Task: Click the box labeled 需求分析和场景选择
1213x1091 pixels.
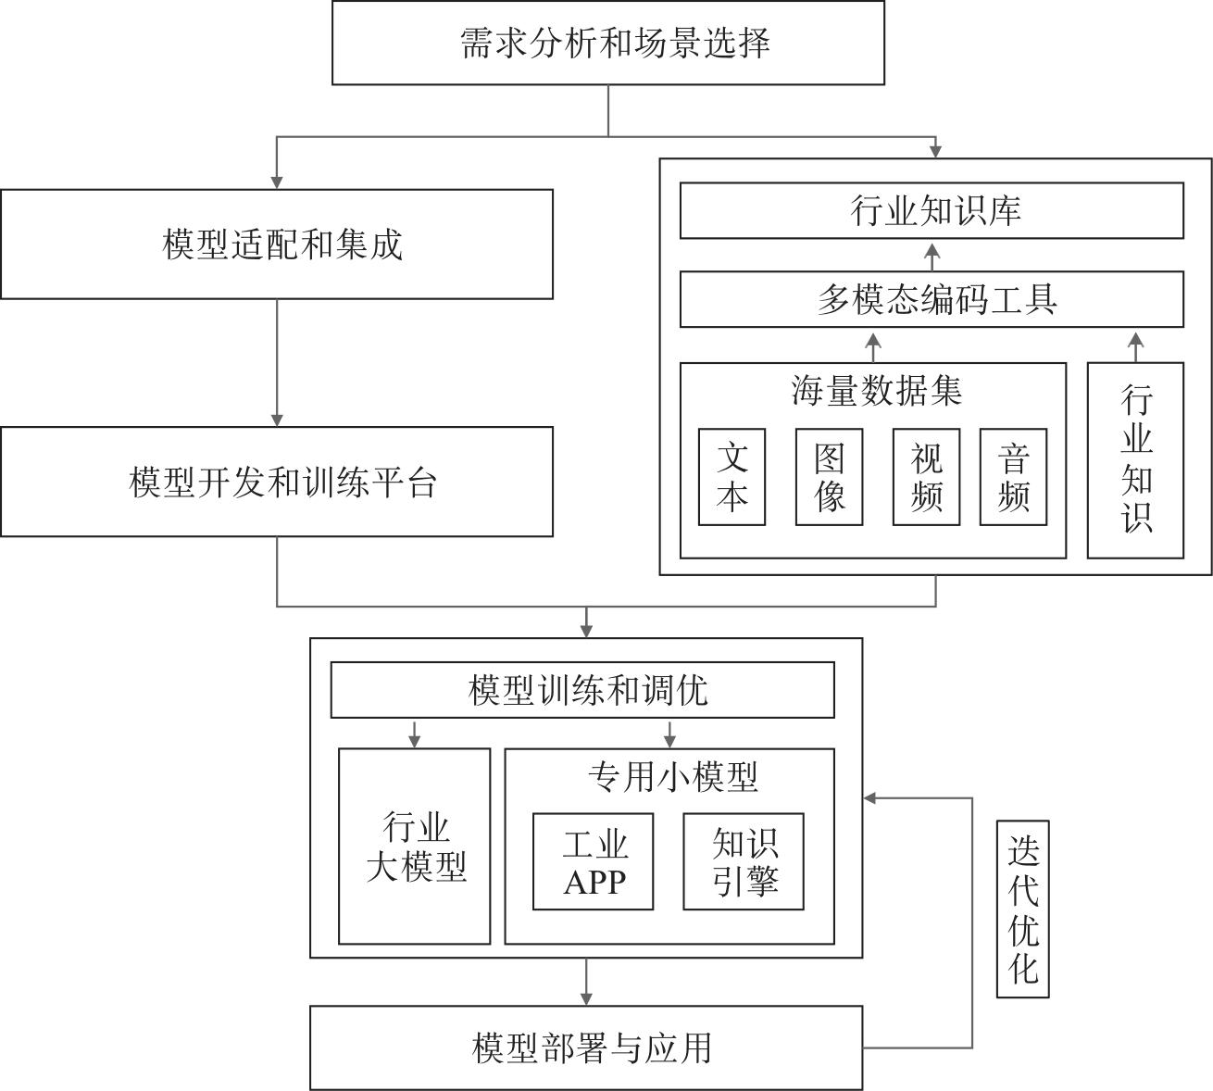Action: (608, 43)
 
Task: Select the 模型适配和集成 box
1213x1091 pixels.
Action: (277, 245)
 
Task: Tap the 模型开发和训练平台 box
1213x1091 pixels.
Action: (277, 482)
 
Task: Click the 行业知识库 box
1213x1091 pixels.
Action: (932, 210)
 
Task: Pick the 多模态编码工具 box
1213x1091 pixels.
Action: (932, 299)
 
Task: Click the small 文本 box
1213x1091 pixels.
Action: (732, 477)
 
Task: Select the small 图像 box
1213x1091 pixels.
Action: (829, 477)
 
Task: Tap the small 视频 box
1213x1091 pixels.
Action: (926, 477)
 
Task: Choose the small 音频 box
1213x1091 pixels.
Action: (1013, 477)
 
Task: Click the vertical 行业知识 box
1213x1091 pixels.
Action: (1135, 460)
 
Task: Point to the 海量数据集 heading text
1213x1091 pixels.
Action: (876, 391)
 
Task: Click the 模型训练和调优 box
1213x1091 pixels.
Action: (582, 690)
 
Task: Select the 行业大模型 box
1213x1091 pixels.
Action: (414, 846)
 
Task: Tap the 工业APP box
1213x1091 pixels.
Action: (593, 861)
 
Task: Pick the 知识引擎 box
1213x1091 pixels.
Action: (744, 861)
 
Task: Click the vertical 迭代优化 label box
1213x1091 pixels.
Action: (1022, 909)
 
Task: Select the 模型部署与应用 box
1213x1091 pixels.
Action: (586, 1047)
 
